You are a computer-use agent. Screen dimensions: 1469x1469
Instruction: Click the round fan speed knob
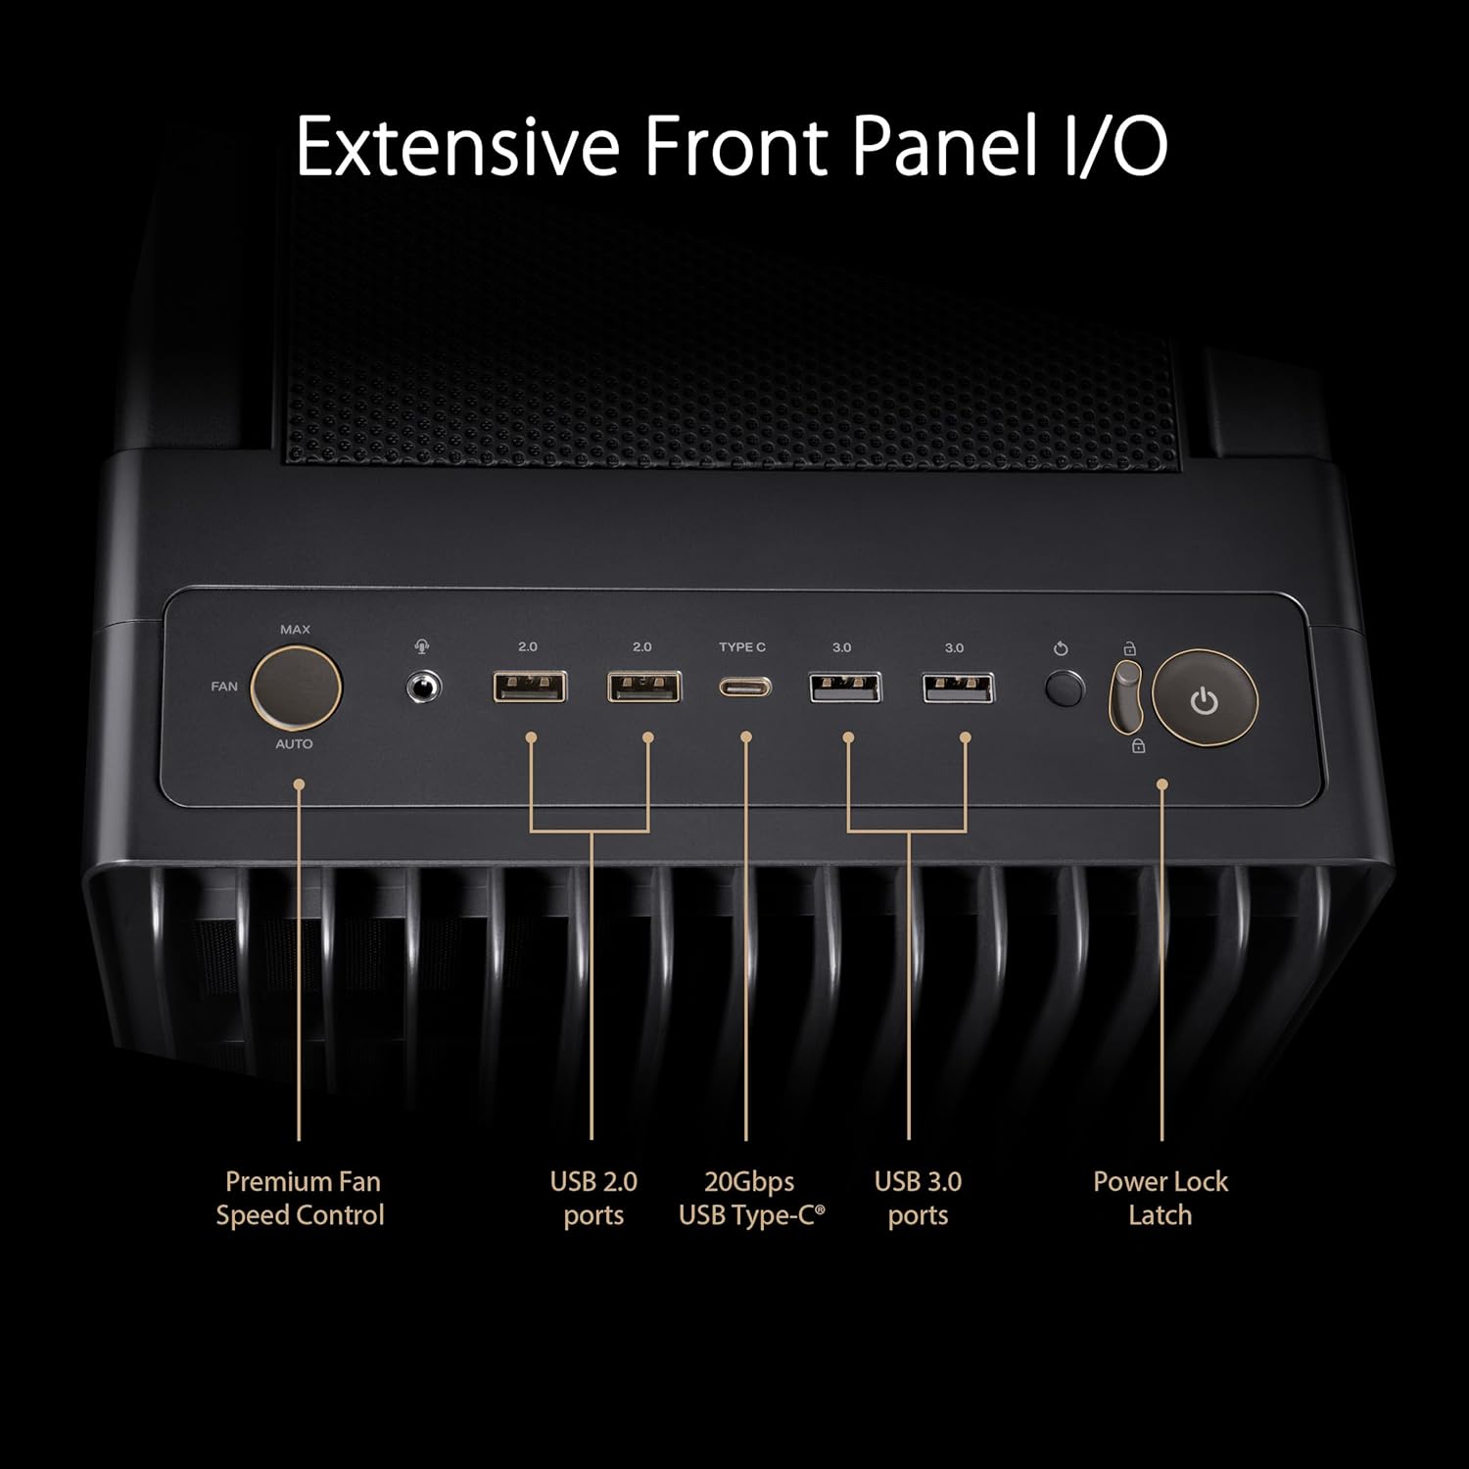click(x=296, y=687)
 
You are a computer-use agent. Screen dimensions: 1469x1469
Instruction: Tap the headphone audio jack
click(x=423, y=687)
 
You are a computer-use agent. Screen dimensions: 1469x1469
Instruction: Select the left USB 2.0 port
click(x=529, y=687)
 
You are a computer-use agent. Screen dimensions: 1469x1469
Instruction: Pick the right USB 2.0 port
click(x=644, y=687)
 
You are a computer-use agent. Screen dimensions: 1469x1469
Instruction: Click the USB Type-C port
click(x=745, y=687)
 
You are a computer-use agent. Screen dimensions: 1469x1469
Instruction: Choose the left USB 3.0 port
click(x=845, y=687)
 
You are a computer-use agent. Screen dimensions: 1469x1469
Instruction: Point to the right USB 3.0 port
click(x=958, y=687)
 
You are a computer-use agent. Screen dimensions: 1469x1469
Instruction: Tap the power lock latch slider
click(x=1126, y=695)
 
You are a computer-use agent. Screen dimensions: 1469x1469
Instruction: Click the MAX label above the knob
click(x=295, y=630)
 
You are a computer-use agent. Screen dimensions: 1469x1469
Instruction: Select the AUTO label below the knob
click(x=294, y=744)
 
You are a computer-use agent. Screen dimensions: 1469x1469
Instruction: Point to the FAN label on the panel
click(x=224, y=687)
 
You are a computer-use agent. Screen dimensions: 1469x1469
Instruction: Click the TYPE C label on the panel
click(x=742, y=647)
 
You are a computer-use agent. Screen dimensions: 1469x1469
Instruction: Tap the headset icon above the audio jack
click(x=422, y=647)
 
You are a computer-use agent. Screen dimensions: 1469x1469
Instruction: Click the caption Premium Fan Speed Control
click(x=301, y=1199)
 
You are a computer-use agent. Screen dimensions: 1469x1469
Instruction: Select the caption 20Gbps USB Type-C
click(x=751, y=1199)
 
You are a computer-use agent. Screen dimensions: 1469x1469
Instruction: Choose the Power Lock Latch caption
click(x=1161, y=1199)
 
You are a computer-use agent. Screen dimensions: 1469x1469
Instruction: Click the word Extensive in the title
click(x=457, y=147)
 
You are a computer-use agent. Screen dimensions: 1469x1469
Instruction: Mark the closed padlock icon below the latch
click(x=1138, y=746)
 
